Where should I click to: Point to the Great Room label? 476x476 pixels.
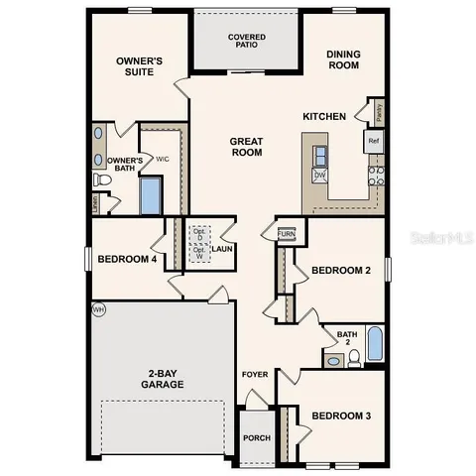pyautogui.click(x=245, y=147)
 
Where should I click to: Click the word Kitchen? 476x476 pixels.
pyautogui.click(x=324, y=117)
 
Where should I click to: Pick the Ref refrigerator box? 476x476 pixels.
pyautogui.click(x=374, y=141)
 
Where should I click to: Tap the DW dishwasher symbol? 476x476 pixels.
pyautogui.click(x=320, y=176)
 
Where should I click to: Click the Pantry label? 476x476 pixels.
pyautogui.click(x=380, y=110)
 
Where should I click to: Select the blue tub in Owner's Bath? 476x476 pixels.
pyautogui.click(x=151, y=195)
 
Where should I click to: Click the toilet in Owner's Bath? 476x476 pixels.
pyautogui.click(x=102, y=180)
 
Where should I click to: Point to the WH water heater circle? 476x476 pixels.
pyautogui.click(x=98, y=309)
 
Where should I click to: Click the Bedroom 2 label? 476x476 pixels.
pyautogui.click(x=341, y=270)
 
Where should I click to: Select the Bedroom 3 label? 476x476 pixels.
pyautogui.click(x=341, y=416)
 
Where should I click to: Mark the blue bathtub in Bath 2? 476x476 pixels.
pyautogui.click(x=376, y=344)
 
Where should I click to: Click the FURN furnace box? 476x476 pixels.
pyautogui.click(x=286, y=234)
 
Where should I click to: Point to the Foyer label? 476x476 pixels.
pyautogui.click(x=255, y=374)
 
